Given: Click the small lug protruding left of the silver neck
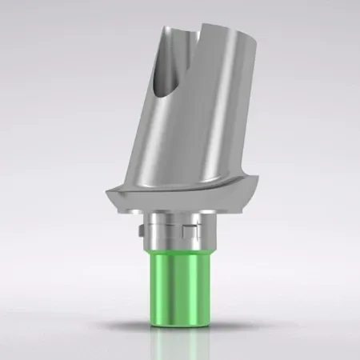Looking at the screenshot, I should coord(139,234).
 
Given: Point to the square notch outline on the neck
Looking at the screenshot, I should coord(189,233).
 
